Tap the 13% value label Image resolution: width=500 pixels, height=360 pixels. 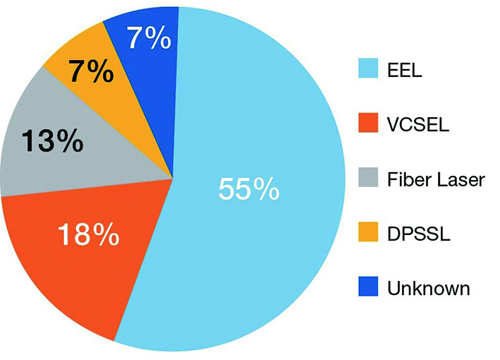pyautogui.click(x=51, y=142)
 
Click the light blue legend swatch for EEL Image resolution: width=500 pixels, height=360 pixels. pyautogui.click(x=368, y=71)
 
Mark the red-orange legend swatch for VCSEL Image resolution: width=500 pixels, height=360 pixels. pyautogui.click(x=368, y=125)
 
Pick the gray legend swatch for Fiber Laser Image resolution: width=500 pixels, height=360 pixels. pyautogui.click(x=368, y=179)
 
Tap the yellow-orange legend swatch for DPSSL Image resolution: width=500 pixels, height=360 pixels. pyautogui.click(x=368, y=234)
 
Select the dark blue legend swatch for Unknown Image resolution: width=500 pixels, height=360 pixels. pyautogui.click(x=368, y=288)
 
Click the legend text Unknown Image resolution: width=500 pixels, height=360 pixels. pyautogui.click(x=428, y=288)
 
